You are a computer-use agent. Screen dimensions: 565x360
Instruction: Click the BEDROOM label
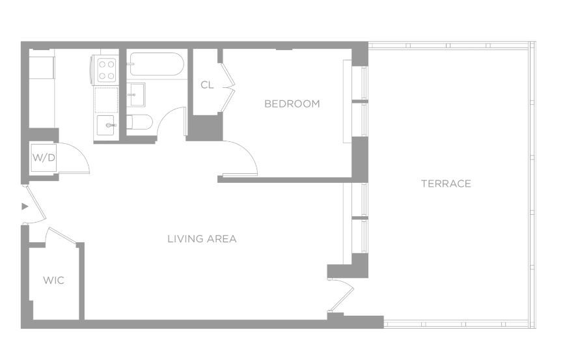tap(292, 104)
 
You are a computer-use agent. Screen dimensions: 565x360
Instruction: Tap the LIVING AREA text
tap(202, 238)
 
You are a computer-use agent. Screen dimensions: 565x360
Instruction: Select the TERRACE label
tap(446, 184)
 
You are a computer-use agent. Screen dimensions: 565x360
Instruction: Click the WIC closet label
tap(53, 280)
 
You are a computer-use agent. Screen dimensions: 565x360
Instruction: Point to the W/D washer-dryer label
tap(44, 158)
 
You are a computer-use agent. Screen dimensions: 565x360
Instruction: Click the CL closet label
tap(207, 85)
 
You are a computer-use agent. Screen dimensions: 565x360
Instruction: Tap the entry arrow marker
tap(25, 206)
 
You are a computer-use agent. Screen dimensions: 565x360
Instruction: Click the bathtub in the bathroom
tap(157, 64)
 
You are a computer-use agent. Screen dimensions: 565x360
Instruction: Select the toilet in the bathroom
tap(140, 122)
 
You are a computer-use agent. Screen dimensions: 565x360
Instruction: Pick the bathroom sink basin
tap(137, 95)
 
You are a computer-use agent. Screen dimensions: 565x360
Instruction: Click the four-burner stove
tap(107, 70)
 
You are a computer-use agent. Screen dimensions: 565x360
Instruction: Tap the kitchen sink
tap(106, 125)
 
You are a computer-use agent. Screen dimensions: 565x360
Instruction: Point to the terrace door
tap(342, 295)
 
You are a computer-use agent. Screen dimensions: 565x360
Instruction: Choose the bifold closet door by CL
tap(228, 87)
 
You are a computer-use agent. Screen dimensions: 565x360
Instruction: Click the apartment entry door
tap(36, 204)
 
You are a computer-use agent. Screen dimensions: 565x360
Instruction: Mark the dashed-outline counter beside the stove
tap(106, 100)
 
